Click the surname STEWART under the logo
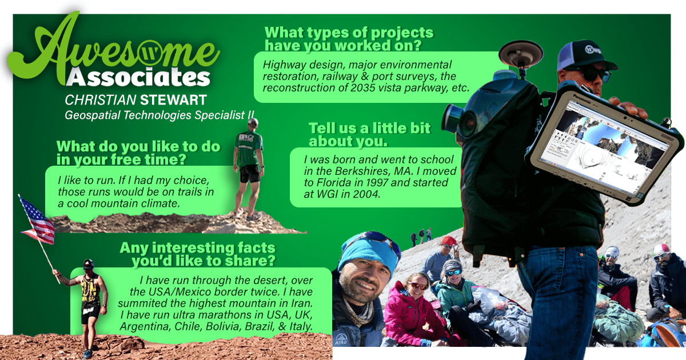173,100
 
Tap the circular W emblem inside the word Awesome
150,53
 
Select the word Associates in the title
138,77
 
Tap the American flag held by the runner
37,221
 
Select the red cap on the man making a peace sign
449,241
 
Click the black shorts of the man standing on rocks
250,174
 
